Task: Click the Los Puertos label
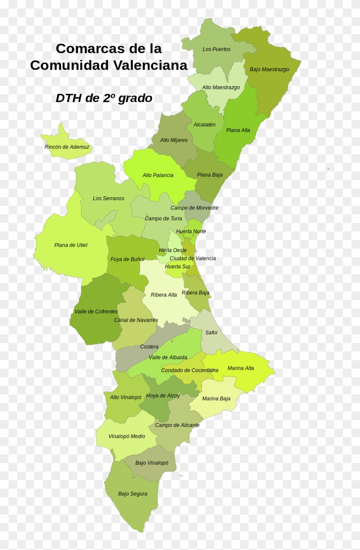tap(216, 49)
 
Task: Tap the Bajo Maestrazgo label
tap(269, 69)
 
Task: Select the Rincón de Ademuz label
tap(67, 147)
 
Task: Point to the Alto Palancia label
tap(158, 175)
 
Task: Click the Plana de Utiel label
tap(71, 245)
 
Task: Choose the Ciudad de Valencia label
tap(192, 258)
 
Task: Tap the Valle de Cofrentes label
tap(96, 312)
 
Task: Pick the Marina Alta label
tap(240, 368)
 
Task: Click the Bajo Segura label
tap(132, 494)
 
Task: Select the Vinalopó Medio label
tap(126, 436)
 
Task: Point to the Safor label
tap(211, 333)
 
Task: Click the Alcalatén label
tap(204, 125)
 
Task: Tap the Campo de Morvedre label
tap(194, 208)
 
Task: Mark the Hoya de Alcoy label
tap(163, 396)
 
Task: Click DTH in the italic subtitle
tap(69, 98)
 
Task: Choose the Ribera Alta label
tap(164, 295)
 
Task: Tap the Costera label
tap(149, 347)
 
